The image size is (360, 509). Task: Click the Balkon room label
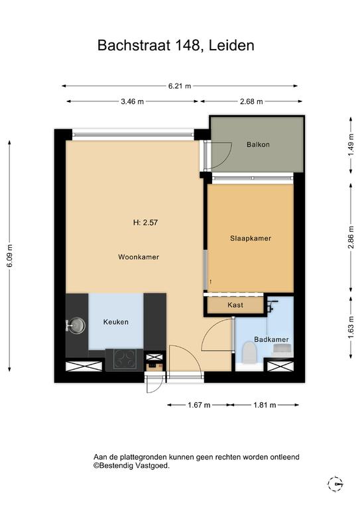[x=258, y=144]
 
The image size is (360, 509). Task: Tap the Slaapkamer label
[x=251, y=239]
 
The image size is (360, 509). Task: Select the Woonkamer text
[x=139, y=257]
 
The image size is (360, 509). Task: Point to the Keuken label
[x=116, y=322]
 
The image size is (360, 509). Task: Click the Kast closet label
[x=235, y=305]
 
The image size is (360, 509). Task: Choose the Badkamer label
[x=271, y=339]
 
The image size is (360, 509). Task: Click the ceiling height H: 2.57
[x=145, y=223]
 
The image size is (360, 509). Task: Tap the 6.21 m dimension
[x=180, y=86]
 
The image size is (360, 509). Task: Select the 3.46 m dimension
[x=132, y=101]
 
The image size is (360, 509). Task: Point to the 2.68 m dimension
[x=251, y=101]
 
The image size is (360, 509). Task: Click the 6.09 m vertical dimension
[x=9, y=256]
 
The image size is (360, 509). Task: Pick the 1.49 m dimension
[x=351, y=144]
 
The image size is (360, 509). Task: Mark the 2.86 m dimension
[x=351, y=237]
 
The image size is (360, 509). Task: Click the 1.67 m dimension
[x=199, y=405]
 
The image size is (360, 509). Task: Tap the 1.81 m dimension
[x=265, y=405]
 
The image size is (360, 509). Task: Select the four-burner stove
[x=125, y=359]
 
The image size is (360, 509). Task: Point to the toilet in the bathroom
[x=250, y=352]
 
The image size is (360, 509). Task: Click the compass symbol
[x=335, y=484]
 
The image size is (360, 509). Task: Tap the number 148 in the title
[x=188, y=45]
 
